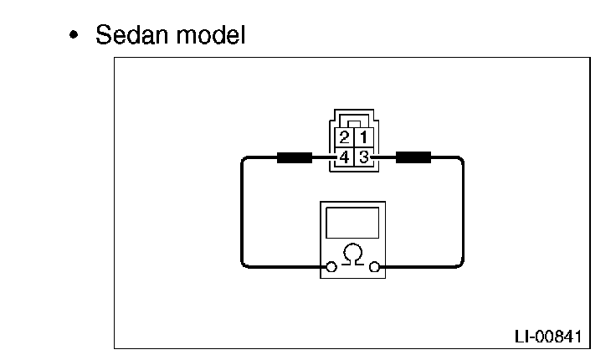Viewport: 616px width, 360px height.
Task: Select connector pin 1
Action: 362,136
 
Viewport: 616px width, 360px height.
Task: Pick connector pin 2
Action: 344,136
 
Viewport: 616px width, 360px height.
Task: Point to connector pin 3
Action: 362,156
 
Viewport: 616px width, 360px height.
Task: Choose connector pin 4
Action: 344,156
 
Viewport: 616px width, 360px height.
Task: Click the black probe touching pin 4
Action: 294,156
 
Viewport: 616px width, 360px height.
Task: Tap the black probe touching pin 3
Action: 413,156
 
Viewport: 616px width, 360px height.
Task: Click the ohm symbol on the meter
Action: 352,255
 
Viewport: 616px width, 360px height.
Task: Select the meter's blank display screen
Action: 352,224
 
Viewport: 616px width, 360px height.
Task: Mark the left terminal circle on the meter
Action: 331,268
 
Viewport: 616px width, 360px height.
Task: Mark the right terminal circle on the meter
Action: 373,268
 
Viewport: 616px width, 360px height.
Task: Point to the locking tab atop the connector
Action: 353,121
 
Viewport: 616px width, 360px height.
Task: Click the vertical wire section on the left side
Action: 242,213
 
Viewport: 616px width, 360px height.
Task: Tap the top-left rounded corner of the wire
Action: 245,159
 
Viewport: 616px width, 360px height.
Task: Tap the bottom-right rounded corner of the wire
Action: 459,265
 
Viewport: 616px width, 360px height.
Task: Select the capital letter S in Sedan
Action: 104,36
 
